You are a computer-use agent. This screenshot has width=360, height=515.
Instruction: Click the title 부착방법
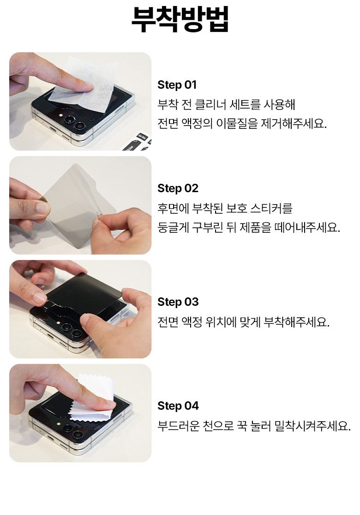pyautogui.click(x=180, y=19)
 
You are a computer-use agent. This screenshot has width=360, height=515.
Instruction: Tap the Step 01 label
pyautogui.click(x=177, y=85)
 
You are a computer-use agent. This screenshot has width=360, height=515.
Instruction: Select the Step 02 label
pyautogui.click(x=178, y=188)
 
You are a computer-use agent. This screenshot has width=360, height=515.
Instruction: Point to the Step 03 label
pyautogui.click(x=178, y=302)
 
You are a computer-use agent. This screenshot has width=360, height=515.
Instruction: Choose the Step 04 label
pyautogui.click(x=178, y=406)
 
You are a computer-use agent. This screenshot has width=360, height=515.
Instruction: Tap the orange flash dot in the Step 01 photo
pyautogui.click(x=61, y=115)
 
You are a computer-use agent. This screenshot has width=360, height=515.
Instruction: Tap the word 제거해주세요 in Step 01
pyautogui.click(x=294, y=123)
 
